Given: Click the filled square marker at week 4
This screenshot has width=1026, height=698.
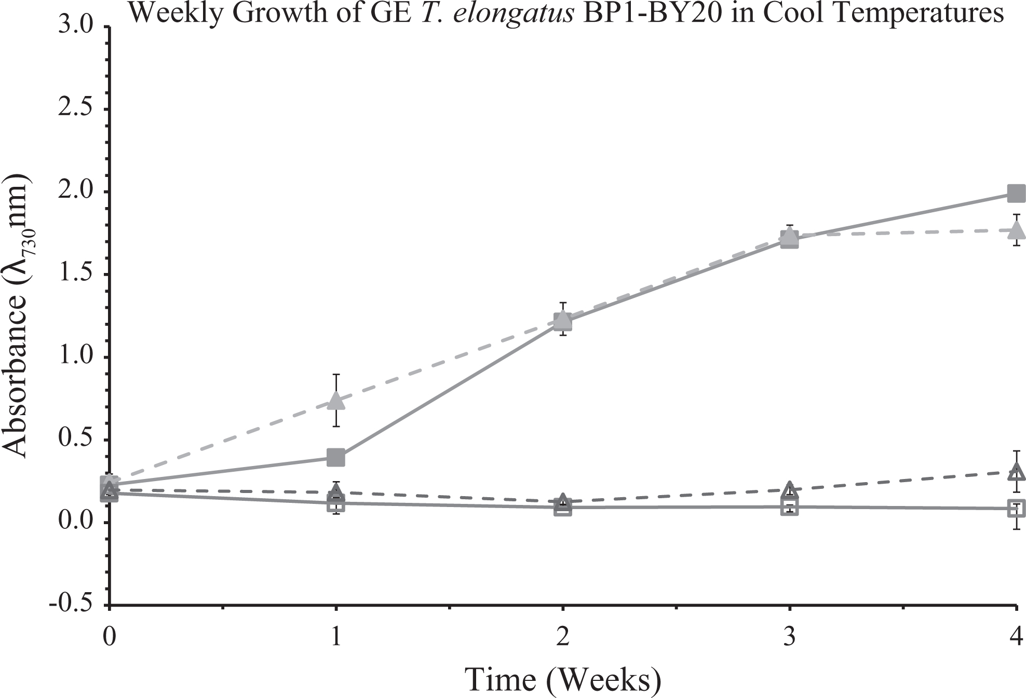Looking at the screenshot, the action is (x=1016, y=194).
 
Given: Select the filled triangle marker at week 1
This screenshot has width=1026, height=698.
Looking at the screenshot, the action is (x=336, y=400).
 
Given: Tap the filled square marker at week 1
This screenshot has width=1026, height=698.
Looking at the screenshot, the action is (x=336, y=457).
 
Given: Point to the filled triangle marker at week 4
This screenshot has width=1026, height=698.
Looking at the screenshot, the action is (x=1016, y=229).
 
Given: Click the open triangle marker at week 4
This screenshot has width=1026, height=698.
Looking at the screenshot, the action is (x=1016, y=472).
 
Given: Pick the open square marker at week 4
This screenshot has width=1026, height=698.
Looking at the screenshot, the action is (x=1016, y=508).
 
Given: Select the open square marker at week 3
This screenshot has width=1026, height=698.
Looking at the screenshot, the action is (x=789, y=507).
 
